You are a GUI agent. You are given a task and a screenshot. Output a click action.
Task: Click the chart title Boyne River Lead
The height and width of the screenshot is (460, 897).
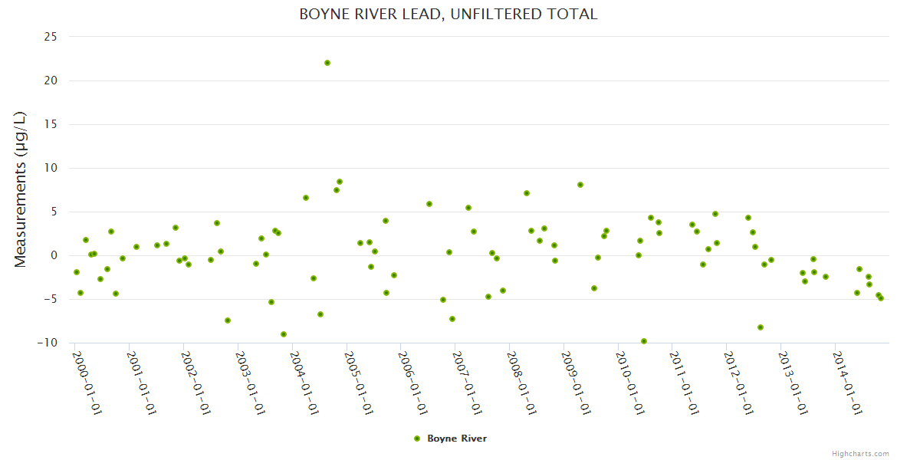448,15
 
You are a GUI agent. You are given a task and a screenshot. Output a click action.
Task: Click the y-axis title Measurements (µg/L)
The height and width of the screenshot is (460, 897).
21,189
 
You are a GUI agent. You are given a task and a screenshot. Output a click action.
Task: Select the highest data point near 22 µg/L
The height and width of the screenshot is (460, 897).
327,63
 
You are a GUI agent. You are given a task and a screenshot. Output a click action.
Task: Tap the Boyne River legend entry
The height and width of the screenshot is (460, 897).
457,439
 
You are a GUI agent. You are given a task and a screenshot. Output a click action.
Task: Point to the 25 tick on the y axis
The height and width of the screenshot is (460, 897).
51,37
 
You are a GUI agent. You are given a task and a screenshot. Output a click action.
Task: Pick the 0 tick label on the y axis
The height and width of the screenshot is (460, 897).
54,255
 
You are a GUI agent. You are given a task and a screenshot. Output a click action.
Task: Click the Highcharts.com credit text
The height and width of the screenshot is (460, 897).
860,453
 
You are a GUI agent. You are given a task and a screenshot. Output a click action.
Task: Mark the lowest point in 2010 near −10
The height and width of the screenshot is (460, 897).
644,341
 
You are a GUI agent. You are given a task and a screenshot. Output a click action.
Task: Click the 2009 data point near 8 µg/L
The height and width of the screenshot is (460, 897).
580,185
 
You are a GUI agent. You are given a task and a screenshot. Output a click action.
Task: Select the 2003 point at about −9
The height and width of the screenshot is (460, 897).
284,334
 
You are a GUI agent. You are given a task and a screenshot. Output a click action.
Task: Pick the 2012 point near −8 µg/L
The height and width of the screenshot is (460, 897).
761,327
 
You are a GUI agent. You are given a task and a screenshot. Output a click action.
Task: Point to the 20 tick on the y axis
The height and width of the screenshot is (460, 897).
51,80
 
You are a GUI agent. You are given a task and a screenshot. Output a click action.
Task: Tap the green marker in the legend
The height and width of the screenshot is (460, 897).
417,439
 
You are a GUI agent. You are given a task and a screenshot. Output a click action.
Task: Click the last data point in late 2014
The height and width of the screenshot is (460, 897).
881,298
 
